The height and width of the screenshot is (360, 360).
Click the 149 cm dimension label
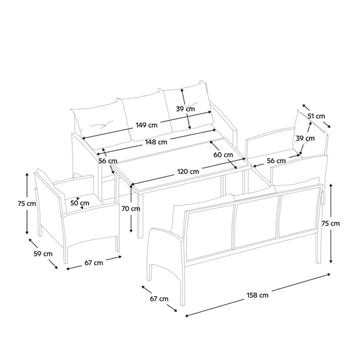pyautogui.click(x=146, y=125)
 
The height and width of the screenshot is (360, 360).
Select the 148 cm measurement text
pyautogui.click(x=156, y=142)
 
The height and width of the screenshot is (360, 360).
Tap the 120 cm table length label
pyautogui.click(x=188, y=172)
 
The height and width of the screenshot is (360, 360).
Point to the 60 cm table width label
pyautogui.click(x=223, y=155)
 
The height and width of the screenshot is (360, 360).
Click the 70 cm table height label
pyautogui.click(x=131, y=209)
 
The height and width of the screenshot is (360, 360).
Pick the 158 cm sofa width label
pyautogui.click(x=257, y=295)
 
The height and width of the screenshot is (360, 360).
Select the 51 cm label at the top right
pyautogui.click(x=316, y=116)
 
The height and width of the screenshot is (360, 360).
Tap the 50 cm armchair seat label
pyautogui.click(x=80, y=203)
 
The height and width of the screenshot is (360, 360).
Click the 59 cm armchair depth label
pyautogui.click(x=43, y=254)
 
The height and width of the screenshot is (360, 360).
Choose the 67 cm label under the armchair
pyautogui.click(x=94, y=263)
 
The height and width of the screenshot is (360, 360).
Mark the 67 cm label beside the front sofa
pyautogui.click(x=159, y=299)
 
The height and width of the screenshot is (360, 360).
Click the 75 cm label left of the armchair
pyautogui.click(x=27, y=203)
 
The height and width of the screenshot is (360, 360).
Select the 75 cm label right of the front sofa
pyautogui.click(x=331, y=223)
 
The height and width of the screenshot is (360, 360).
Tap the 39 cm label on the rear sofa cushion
pyautogui.click(x=185, y=109)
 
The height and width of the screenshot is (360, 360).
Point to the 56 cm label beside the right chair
pyautogui.click(x=276, y=161)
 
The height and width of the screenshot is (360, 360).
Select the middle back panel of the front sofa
pyautogui.click(x=257, y=221)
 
